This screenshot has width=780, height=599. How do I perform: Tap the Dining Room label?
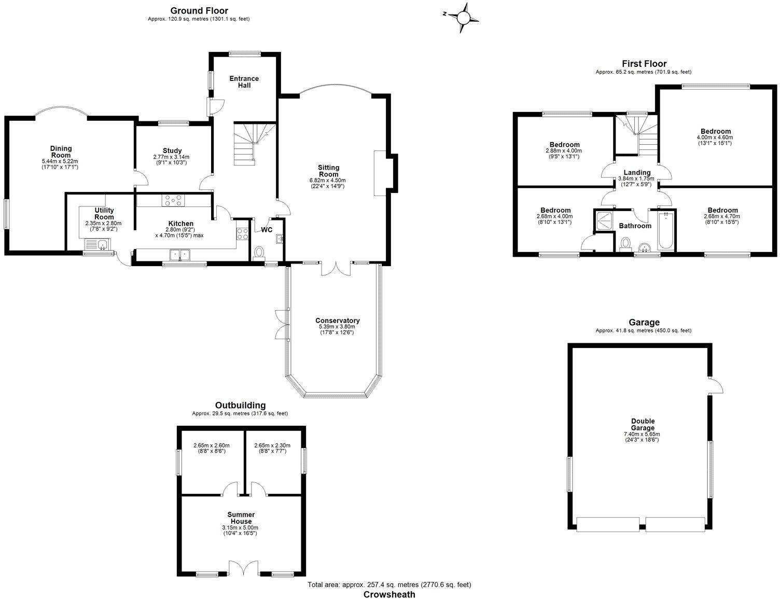pos(61,152)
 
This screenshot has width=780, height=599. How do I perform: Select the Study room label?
pos(172,151)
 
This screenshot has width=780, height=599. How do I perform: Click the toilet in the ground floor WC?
pos(258,252)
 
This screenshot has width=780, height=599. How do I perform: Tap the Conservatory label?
pos(337,321)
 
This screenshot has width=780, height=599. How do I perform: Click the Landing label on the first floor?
pos(637,173)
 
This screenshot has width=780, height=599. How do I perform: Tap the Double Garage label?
pos(643,425)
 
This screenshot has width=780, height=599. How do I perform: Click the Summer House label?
pos(241,518)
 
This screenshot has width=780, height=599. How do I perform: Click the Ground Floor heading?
pos(199,10)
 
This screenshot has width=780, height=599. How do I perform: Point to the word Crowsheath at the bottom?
pos(389,594)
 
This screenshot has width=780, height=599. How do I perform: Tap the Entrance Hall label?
pos(244,82)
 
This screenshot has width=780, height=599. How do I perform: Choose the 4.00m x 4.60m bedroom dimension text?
pos(715,137)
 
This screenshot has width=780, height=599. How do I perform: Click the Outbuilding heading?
pos(240,405)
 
